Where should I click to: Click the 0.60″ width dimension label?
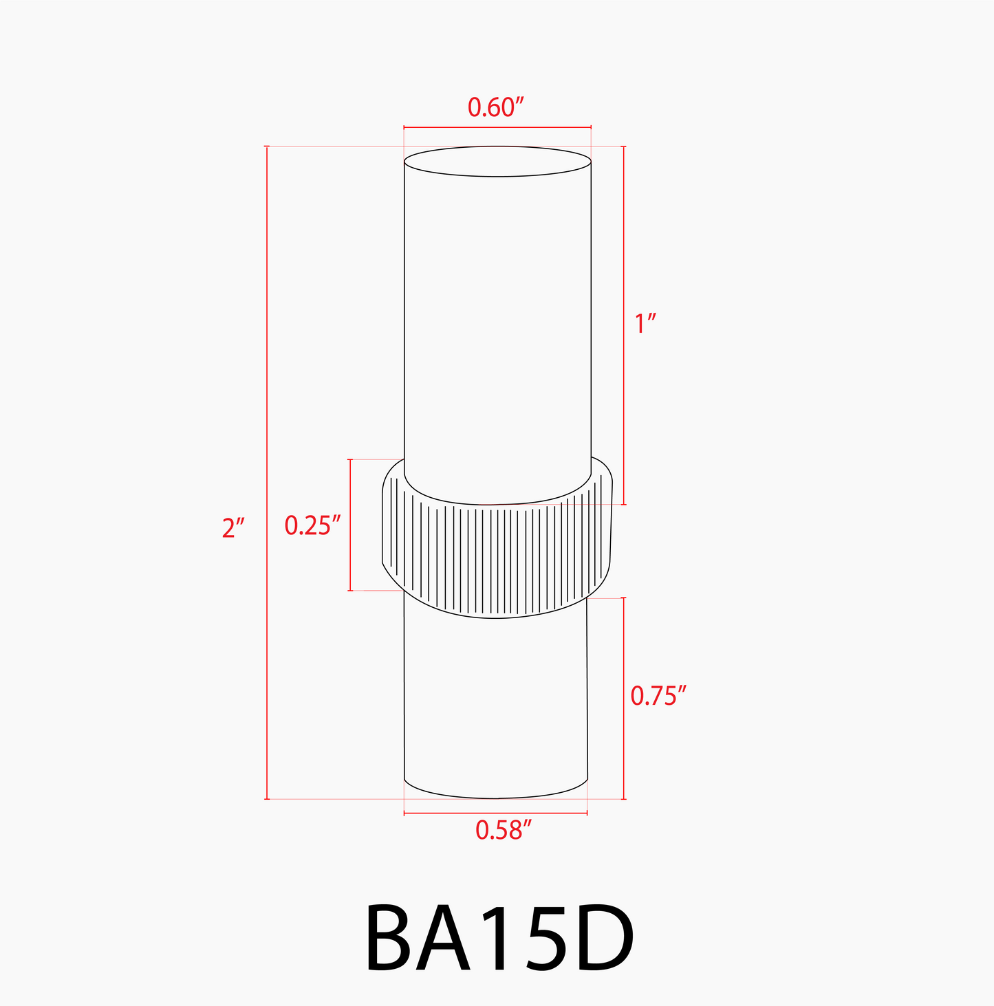pos(496,107)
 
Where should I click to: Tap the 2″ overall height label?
pos(233,528)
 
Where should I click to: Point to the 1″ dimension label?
pos(645,323)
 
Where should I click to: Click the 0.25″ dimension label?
pos(312,525)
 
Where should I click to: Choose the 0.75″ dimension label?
pos(658,696)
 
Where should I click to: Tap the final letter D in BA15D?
pos(600,938)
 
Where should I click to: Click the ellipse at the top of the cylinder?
pos(497,162)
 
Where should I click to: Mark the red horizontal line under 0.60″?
pos(497,127)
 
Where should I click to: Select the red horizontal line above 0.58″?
pos(495,813)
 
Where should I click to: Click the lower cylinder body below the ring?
pos(495,701)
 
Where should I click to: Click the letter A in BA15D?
pos(447,938)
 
